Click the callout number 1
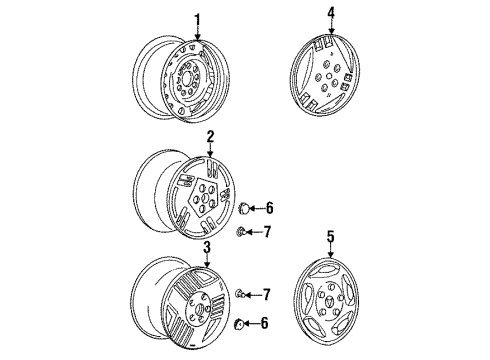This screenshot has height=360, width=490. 198,18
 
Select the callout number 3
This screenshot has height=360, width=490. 206,247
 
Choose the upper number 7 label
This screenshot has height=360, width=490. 267,233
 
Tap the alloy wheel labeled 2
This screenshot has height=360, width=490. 184,193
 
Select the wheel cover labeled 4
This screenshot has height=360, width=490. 328,74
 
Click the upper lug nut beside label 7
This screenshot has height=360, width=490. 241,233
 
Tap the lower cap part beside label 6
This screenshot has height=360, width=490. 240,323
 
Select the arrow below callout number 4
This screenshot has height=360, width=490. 329,30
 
